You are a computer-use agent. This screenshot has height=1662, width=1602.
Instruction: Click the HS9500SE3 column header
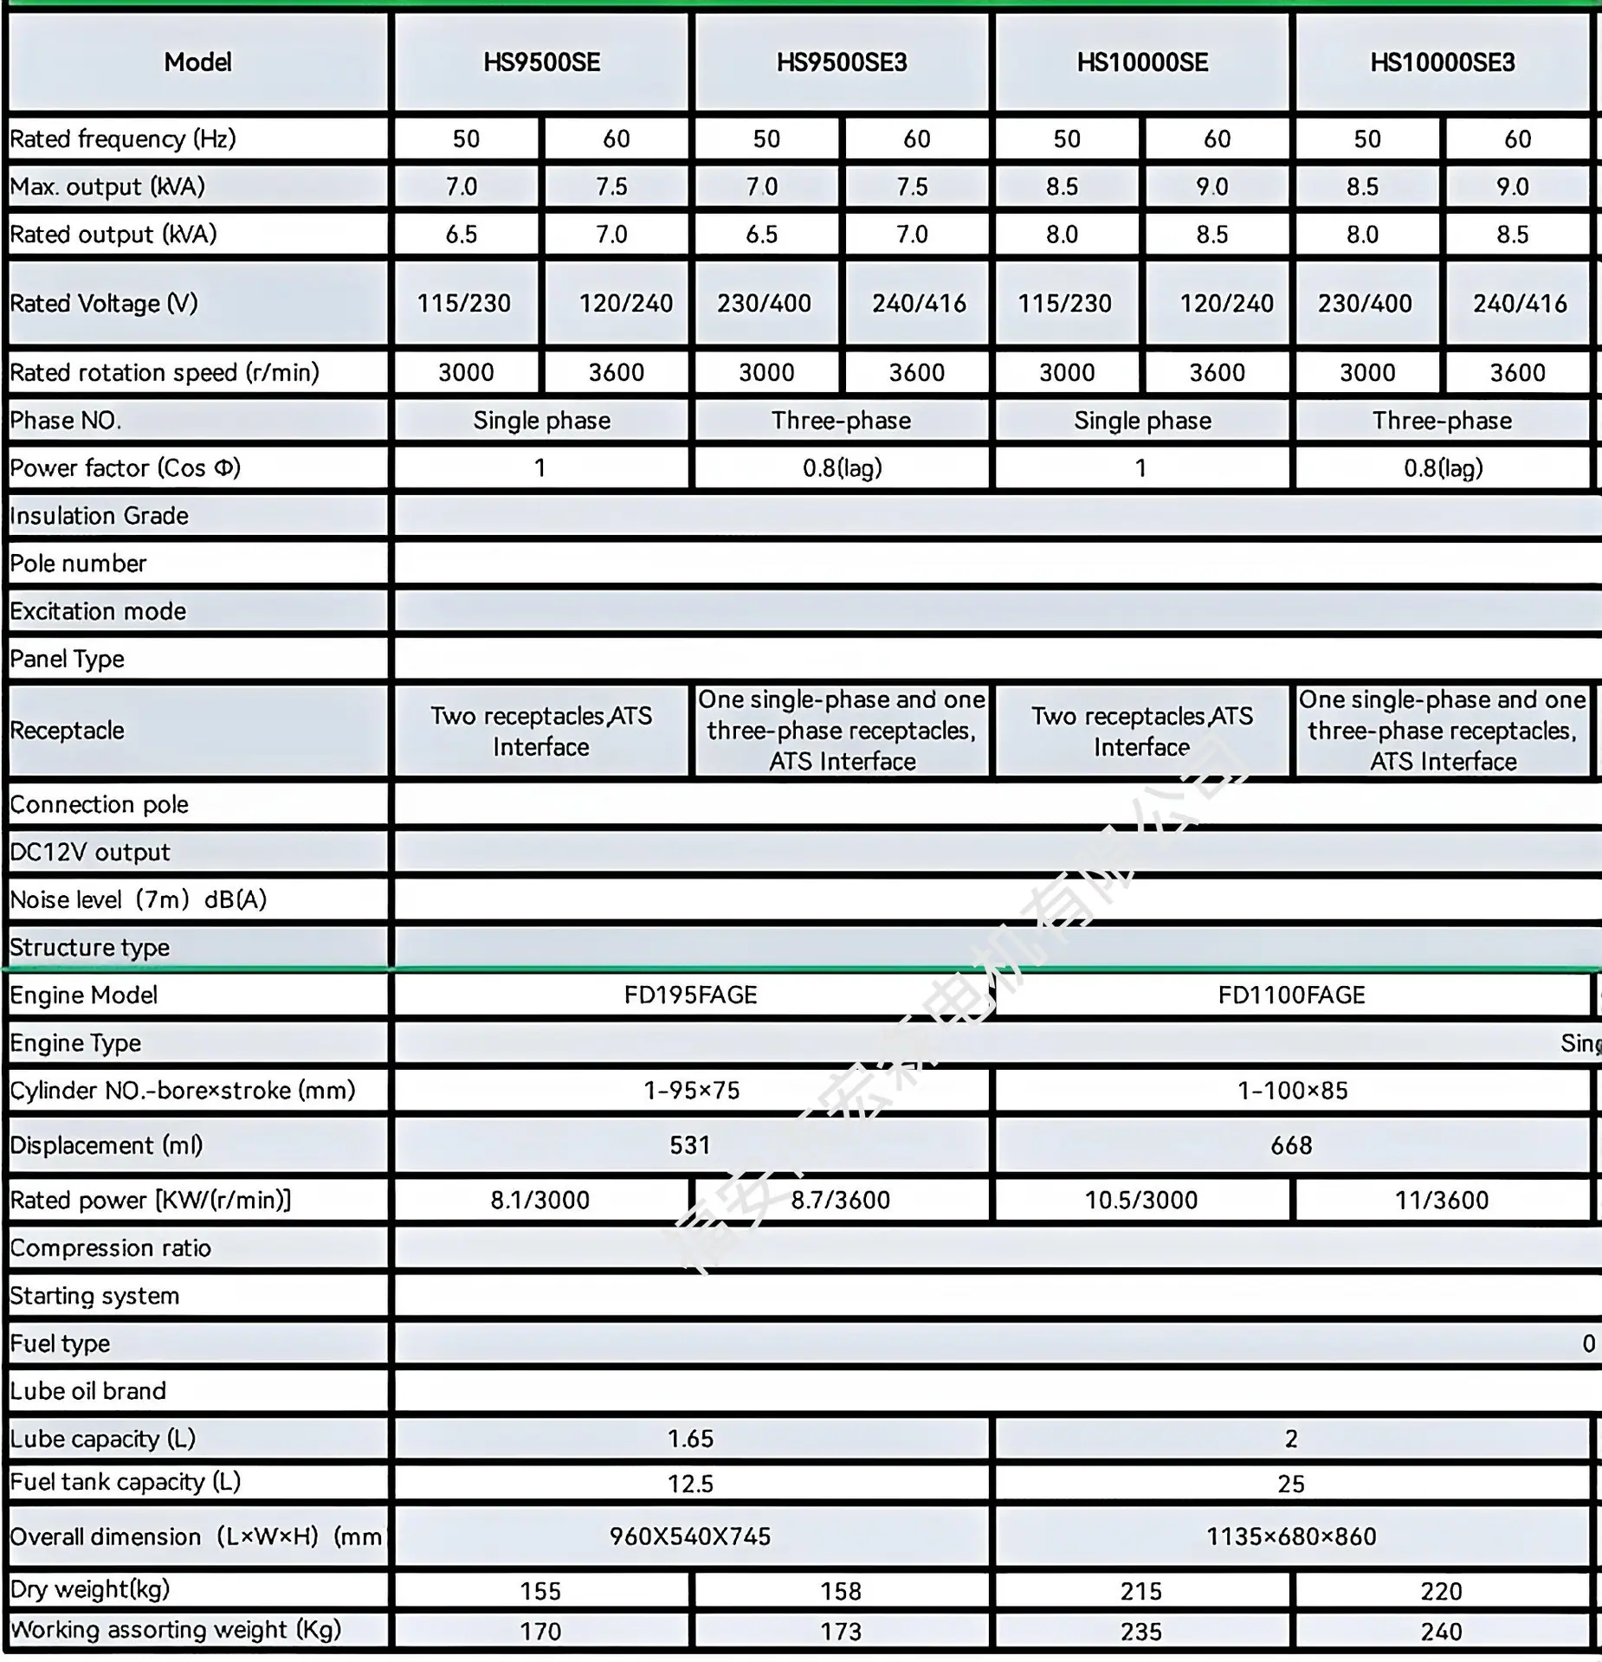[x=842, y=62]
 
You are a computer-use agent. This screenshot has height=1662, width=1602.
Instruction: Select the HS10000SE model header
[x=1142, y=62]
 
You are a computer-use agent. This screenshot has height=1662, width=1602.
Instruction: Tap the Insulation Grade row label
[x=100, y=516]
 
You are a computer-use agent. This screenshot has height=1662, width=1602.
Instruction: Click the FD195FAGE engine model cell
[x=690, y=995]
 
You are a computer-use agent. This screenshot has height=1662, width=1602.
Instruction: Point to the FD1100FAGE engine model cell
[x=1291, y=995]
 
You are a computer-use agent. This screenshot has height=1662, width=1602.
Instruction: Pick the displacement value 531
[x=690, y=1145]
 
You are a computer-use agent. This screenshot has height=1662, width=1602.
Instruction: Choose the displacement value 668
[x=1291, y=1145]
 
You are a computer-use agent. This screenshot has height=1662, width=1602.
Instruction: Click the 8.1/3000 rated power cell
[x=540, y=1200]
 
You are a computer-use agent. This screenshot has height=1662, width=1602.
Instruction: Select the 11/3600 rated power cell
[x=1442, y=1200]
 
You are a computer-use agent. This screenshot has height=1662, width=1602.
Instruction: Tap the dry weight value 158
[x=841, y=1591]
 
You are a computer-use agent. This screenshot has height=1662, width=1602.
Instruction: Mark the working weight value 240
[x=1442, y=1632]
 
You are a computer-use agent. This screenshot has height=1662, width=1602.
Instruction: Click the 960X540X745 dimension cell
[x=690, y=1536]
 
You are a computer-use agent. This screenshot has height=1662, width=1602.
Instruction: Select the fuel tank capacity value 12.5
[x=690, y=1484]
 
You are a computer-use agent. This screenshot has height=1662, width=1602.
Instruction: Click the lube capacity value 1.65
[x=690, y=1439]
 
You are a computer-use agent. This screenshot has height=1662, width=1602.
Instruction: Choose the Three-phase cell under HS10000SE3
[x=1442, y=421]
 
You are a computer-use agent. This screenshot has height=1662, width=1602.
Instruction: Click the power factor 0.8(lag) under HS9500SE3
[x=842, y=468]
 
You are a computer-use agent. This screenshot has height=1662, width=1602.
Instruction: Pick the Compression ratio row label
[x=111, y=1248]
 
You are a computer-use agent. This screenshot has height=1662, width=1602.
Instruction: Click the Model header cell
[x=198, y=62]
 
